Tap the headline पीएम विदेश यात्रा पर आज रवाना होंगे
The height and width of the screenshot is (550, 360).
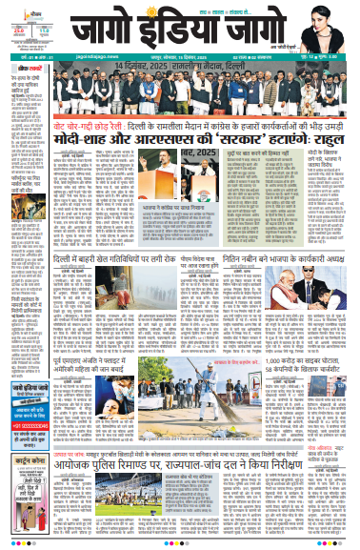pos(175,257)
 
